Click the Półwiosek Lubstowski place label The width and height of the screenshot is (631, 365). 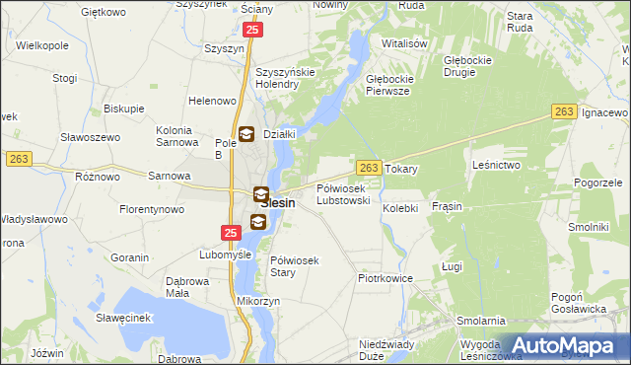pyautogui.click(x=343, y=194)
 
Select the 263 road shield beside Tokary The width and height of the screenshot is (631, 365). pyautogui.click(x=368, y=169)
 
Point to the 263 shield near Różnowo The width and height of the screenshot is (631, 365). pyautogui.click(x=19, y=158)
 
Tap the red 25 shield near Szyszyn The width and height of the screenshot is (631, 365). pyautogui.click(x=253, y=31)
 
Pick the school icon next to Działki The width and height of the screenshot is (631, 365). pyautogui.click(x=245, y=134)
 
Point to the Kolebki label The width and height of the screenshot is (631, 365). pyautogui.click(x=401, y=208)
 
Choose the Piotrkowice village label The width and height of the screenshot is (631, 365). pyautogui.click(x=385, y=279)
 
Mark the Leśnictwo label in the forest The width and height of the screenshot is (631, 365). pyautogui.click(x=496, y=165)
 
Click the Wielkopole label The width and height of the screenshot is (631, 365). pyautogui.click(x=35, y=45)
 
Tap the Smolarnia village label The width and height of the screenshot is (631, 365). pyautogui.click(x=481, y=322)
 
